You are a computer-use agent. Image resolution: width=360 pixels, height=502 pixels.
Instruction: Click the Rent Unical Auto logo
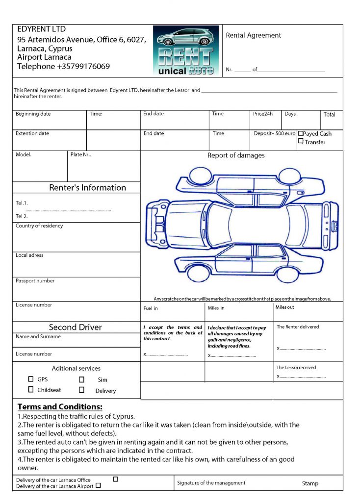tap(186, 50)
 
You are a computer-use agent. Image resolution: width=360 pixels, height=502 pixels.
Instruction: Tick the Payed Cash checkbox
tap(301, 133)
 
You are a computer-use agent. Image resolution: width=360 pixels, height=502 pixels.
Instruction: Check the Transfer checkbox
tap(301, 141)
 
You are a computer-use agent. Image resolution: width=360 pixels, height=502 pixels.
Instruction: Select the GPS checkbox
tap(31, 379)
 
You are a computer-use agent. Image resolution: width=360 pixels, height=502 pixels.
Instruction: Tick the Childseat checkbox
tap(31, 390)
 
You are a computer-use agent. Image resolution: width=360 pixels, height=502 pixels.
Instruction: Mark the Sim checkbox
tap(81, 379)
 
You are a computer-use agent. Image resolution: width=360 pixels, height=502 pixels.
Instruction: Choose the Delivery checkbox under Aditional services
tap(81, 390)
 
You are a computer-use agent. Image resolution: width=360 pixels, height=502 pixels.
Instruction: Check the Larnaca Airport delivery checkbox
tap(98, 485)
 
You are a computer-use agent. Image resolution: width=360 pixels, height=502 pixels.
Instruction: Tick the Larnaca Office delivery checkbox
tap(115, 479)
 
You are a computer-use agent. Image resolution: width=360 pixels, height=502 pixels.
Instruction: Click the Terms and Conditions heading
tap(60, 407)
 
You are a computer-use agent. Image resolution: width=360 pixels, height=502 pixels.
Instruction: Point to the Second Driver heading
tap(76, 327)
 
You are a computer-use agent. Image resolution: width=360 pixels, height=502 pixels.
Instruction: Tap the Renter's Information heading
tap(87, 187)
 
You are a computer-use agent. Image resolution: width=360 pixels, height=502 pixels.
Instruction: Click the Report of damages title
tap(236, 155)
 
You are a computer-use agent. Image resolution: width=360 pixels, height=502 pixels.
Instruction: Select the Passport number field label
tap(35, 281)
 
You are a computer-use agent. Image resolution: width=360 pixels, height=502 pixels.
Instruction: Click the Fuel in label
tap(151, 308)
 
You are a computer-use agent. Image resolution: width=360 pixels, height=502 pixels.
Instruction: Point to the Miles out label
tap(285, 307)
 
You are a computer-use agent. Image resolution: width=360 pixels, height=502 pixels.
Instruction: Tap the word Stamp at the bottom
tap(310, 483)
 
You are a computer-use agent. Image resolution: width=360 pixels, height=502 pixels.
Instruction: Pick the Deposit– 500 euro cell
tap(275, 133)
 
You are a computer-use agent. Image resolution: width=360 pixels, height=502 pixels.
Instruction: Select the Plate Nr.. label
tap(81, 154)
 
